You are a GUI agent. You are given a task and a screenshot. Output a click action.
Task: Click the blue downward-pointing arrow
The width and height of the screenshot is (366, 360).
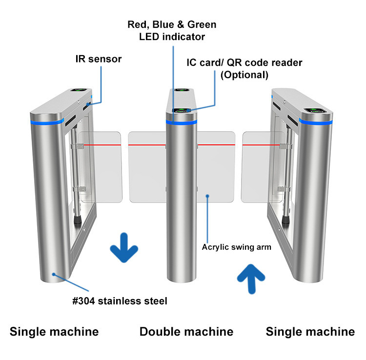coord(124,247)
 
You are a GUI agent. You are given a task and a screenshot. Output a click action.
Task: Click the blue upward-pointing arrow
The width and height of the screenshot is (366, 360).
coord(251,279)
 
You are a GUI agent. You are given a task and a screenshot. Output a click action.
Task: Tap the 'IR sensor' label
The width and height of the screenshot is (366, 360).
coord(99,59)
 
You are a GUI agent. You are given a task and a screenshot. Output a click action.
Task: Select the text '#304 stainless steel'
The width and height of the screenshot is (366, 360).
coord(120,301)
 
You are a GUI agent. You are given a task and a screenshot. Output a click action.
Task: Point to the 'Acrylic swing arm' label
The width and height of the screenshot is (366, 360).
coord(237,247)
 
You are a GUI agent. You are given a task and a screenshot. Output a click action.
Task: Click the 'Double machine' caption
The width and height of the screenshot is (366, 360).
coord(186,332)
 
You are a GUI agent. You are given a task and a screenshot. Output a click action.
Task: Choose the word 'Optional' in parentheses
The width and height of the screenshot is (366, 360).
coord(244,75)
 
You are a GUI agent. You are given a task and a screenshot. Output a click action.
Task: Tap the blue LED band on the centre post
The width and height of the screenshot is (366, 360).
coord(182,122)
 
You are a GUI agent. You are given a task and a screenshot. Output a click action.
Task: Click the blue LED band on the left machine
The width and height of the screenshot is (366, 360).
coord(47,122)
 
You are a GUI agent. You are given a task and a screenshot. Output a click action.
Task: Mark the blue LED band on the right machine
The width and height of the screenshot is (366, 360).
coord(316,121)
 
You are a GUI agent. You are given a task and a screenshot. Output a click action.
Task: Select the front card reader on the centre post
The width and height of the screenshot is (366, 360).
coord(181,110)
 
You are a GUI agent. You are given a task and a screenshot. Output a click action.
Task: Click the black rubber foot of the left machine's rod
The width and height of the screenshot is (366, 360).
coord(78,220)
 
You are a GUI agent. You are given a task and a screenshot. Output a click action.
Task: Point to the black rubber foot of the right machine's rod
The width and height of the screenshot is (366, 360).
coord(285,220)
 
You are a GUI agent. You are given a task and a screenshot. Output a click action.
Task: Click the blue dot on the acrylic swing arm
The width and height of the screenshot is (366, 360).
coord(207,196)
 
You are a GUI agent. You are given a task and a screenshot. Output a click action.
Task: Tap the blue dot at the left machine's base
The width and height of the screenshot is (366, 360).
coord(54,274)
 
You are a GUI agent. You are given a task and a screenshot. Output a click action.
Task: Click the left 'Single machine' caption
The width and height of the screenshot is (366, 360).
coord(54,332)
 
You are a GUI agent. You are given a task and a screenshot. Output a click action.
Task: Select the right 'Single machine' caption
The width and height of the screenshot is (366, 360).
coord(310,332)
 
